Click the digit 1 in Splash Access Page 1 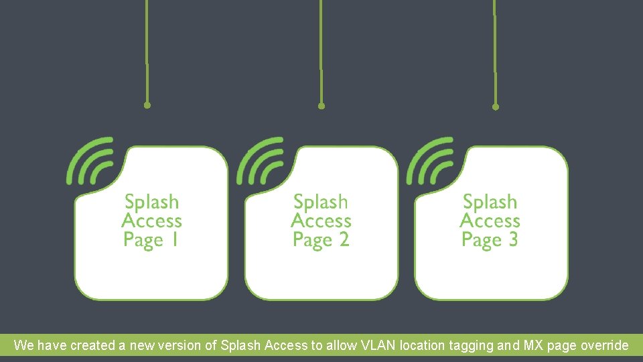tap(174, 239)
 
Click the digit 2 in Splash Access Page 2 tap(344, 239)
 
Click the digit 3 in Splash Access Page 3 tap(513, 239)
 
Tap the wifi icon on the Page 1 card tap(90, 161)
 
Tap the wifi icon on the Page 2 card tap(261, 161)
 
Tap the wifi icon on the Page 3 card tap(430, 161)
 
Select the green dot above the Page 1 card tap(147, 105)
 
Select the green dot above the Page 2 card tap(321, 106)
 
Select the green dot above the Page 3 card tap(496, 106)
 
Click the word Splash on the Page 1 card tap(152, 202)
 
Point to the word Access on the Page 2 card tap(321, 221)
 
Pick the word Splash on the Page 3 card tap(490, 202)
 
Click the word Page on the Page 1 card tap(143, 240)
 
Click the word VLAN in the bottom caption tap(378, 346)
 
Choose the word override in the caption tap(605, 346)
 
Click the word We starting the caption tap(23, 346)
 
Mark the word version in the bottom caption tap(180, 346)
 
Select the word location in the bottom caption tap(422, 346)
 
